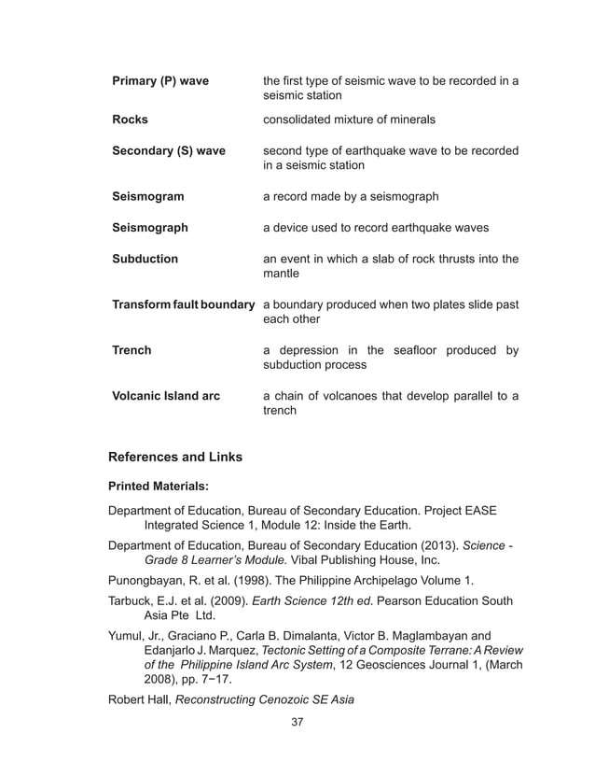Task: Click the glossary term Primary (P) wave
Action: pos(159,81)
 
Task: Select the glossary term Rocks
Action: pos(130,120)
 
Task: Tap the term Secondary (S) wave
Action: pos(168,150)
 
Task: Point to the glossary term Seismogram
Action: pos(147,197)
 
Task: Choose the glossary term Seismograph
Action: pos(149,228)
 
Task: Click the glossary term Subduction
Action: pos(145,259)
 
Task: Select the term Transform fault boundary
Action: pos(183,304)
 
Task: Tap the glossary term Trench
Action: pos(131,350)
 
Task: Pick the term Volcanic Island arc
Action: pos(166,396)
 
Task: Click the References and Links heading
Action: pos(175,457)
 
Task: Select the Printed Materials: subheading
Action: pos(159,487)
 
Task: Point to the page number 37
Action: pos(297,722)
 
